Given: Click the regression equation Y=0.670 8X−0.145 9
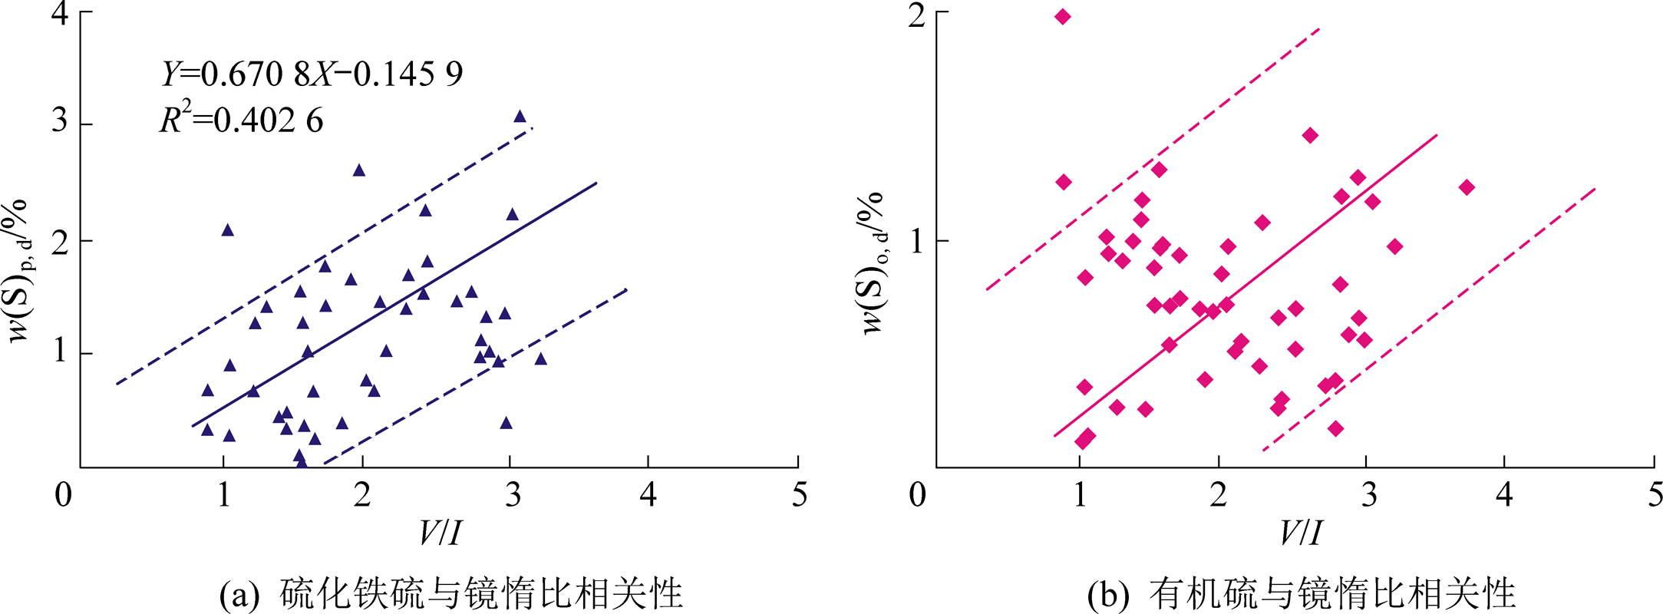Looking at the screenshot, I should pos(312,74).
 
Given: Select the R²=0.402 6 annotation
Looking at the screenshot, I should pos(241,120).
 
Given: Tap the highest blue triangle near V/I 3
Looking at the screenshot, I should pos(520,117).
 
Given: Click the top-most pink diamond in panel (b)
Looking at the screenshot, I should pos(1062,17).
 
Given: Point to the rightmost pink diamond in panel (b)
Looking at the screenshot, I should pos(1467,187).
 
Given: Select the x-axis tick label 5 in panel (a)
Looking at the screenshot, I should pos(800,495).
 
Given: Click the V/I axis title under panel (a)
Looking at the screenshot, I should pos(440,533).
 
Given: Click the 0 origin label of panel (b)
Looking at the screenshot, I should pos(918,495).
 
